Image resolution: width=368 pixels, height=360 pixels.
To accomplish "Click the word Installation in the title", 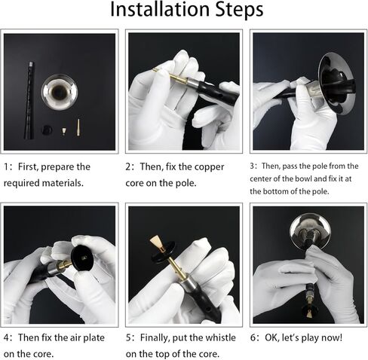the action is click(x=160, y=9).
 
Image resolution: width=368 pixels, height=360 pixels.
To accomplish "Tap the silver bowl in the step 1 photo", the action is click(x=60, y=93).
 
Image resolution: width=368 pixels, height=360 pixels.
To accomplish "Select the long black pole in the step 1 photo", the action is click(x=29, y=100).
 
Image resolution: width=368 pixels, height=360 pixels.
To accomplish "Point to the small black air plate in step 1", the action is click(x=47, y=130).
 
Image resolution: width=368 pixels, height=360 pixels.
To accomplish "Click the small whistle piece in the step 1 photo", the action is click(x=64, y=131).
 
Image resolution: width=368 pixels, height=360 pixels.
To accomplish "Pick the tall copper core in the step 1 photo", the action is click(x=78, y=127).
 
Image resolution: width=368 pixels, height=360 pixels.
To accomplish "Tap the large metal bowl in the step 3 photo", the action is click(x=336, y=84).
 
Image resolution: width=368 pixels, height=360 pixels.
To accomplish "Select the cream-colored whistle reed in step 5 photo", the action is click(x=155, y=243).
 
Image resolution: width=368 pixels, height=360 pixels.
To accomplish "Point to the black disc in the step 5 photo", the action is click(x=164, y=253).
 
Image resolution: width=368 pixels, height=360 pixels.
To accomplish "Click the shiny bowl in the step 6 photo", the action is click(x=310, y=232).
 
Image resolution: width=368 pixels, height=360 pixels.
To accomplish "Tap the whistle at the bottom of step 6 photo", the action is click(x=309, y=314).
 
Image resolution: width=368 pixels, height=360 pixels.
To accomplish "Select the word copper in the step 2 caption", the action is click(x=209, y=167).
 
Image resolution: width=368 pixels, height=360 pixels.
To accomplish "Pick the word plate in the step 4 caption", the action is click(x=94, y=338).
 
